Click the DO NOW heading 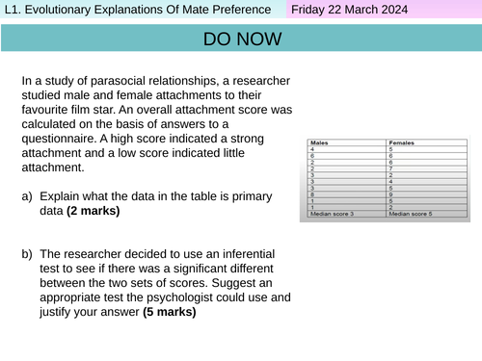pyautogui.click(x=243, y=39)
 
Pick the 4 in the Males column pyautogui.click(x=310, y=149)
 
